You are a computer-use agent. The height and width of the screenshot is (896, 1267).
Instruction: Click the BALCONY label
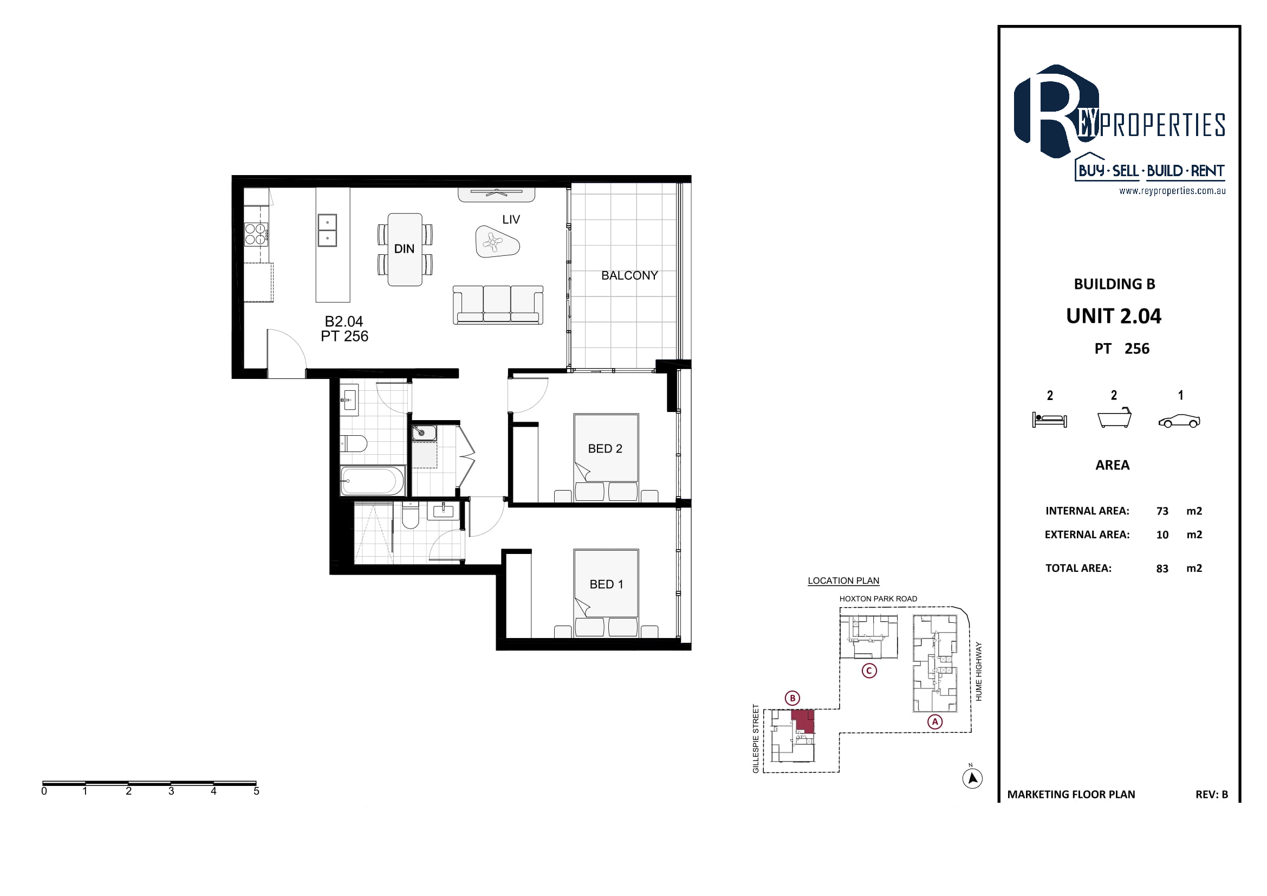point(629,275)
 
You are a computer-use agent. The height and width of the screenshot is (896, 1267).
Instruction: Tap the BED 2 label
point(605,449)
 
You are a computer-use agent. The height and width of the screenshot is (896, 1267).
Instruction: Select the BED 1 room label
point(606,584)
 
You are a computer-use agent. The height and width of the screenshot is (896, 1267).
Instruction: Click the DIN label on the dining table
point(404,249)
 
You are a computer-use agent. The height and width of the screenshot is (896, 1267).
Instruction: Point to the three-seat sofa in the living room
point(498,305)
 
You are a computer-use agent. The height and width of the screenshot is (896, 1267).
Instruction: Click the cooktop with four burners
point(257,234)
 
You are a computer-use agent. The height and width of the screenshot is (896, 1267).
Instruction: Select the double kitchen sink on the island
point(327,230)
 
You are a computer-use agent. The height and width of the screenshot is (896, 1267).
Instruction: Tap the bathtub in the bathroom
point(373,480)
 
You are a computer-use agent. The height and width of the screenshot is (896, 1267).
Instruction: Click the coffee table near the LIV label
point(497,241)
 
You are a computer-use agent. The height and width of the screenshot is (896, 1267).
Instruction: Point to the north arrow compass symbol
point(972,778)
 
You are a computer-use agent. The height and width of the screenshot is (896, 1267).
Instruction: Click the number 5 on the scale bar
point(256,791)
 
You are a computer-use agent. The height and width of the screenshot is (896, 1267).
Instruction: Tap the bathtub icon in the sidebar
point(1115,417)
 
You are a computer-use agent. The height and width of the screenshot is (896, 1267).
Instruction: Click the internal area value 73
point(1162,511)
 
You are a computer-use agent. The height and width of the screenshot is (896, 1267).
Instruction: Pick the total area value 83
point(1162,569)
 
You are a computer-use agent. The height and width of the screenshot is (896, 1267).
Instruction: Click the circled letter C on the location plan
point(869,671)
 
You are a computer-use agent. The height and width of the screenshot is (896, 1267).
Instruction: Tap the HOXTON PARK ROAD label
point(878,599)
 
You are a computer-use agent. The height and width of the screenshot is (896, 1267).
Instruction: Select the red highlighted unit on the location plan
point(803,721)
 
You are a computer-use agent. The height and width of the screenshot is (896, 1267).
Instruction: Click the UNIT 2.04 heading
point(1114,317)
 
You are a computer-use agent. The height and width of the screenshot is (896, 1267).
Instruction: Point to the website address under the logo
point(1172,191)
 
